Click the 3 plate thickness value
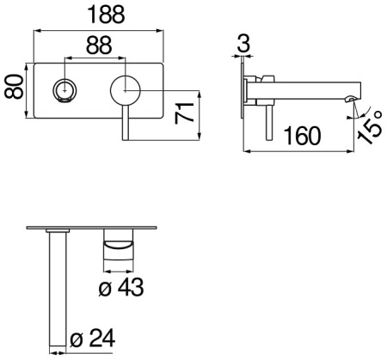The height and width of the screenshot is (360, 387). point(245,43)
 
